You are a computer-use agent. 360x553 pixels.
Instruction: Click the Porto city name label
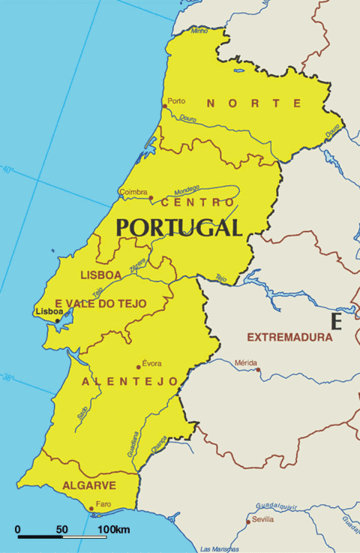click(x=176, y=101)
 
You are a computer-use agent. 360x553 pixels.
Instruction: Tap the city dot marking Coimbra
click(x=151, y=198)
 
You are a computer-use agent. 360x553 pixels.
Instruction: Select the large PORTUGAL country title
click(x=179, y=227)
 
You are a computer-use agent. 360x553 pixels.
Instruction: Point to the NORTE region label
click(x=254, y=103)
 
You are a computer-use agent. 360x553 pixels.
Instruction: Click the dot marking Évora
click(x=139, y=367)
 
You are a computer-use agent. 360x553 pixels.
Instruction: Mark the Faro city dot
click(x=91, y=509)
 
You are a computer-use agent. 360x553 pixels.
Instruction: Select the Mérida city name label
click(x=246, y=362)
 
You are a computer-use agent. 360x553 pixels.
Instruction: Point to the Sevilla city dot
click(x=249, y=521)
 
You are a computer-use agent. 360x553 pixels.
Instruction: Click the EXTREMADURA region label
click(x=289, y=337)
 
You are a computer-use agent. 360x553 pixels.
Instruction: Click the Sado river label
click(x=82, y=411)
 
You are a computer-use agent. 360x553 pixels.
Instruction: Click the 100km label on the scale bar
click(x=112, y=530)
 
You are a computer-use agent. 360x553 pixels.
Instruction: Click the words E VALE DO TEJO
click(x=100, y=303)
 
